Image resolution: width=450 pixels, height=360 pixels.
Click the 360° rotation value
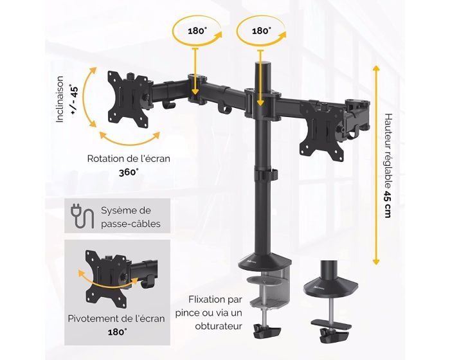[x=129, y=172]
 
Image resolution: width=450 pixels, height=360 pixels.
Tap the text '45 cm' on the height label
[x=388, y=204]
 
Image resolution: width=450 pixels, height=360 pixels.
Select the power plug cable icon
[x=82, y=215]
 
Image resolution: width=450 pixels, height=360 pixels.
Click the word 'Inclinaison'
[x=60, y=99]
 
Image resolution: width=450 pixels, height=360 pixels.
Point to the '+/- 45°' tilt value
[x=74, y=100]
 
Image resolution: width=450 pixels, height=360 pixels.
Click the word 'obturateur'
[x=219, y=326]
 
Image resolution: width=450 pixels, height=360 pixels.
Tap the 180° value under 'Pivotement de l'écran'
[x=118, y=332]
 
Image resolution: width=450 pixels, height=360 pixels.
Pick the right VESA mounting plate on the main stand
[x=321, y=130]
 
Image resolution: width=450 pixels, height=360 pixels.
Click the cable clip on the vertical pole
[x=265, y=174]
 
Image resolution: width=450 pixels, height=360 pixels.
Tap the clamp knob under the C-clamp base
[x=267, y=331]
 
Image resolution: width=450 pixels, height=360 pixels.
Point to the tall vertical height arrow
[x=376, y=165]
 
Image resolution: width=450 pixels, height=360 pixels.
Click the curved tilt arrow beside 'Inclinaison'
[x=87, y=97]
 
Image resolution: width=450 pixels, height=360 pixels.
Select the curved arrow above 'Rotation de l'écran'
[x=129, y=139]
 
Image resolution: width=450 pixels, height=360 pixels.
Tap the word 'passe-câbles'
[x=130, y=224]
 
